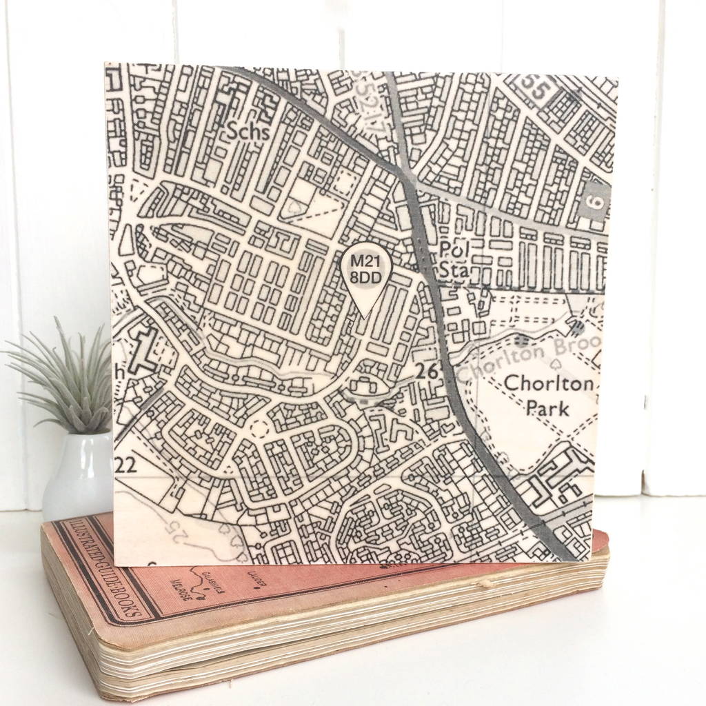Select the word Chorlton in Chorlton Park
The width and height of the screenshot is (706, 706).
point(548,384)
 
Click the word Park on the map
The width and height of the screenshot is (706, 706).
point(547,408)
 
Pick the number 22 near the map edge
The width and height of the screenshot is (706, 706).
point(125,465)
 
